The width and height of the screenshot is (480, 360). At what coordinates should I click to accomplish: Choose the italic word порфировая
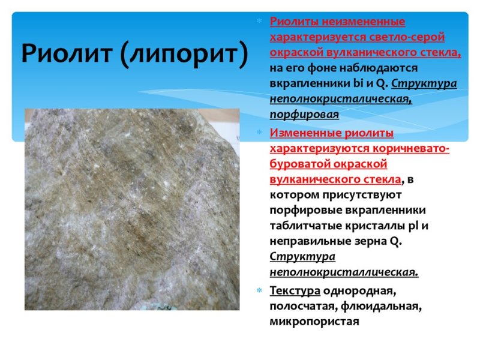pos(304,114)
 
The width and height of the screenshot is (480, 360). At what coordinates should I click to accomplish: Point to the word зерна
pos(367,242)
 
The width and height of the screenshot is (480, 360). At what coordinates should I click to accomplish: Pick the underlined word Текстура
pos(294,292)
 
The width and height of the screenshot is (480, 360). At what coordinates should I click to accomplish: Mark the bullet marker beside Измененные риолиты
pos(260,133)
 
